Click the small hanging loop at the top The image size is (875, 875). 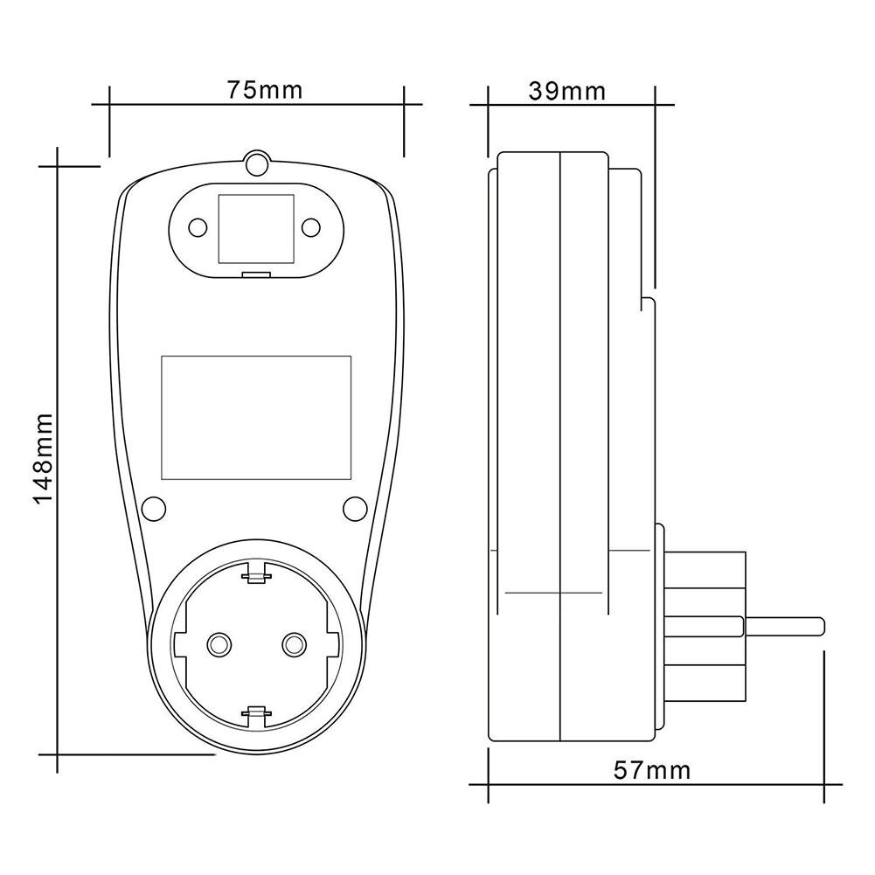point(257,163)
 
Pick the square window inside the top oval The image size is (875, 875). point(255,227)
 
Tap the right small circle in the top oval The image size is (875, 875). point(310,227)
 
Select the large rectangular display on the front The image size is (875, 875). point(256,418)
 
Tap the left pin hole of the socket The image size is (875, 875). point(216,644)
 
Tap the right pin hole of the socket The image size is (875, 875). point(293,644)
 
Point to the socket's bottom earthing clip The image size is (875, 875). point(255,715)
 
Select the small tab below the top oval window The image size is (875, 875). point(255,276)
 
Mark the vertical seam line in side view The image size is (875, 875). point(559,437)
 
